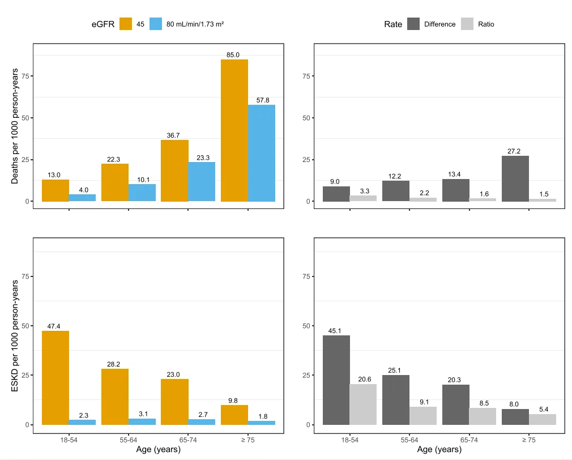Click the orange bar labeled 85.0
point(234,130)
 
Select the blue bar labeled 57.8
point(262,153)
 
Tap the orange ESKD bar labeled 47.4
point(56,377)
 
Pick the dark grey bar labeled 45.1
point(336,380)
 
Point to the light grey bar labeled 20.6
point(363,404)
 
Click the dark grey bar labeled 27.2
point(515,178)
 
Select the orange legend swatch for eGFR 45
point(126,24)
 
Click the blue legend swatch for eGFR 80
point(156,24)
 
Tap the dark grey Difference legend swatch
point(413,24)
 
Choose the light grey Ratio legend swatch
point(467,24)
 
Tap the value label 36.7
point(174,136)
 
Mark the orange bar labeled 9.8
point(234,415)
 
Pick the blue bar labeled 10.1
point(142,193)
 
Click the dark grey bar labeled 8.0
point(515,416)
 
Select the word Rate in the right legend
point(393,24)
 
